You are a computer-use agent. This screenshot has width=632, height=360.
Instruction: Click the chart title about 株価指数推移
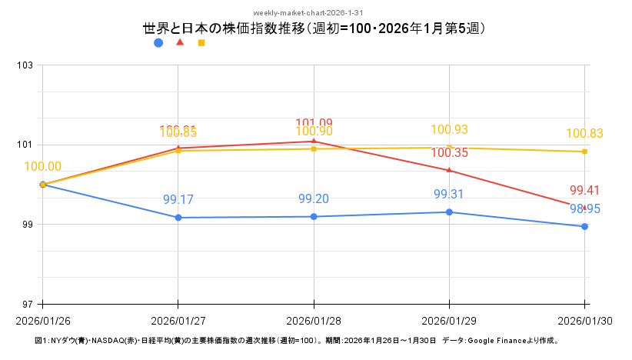pyautogui.click(x=315, y=28)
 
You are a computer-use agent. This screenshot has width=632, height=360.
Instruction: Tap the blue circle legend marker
pyautogui.click(x=158, y=43)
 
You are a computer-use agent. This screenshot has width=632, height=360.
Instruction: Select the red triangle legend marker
pyautogui.click(x=180, y=42)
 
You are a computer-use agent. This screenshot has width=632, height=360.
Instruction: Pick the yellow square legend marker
pyautogui.click(x=201, y=43)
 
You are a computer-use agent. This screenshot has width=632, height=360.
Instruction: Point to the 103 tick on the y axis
pyautogui.click(x=25, y=65)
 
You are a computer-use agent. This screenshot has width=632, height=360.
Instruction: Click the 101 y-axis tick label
pyautogui.click(x=25, y=145)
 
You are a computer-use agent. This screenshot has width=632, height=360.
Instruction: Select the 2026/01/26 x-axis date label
pyautogui.click(x=42, y=320)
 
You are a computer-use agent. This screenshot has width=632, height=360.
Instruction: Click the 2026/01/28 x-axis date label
pyautogui.click(x=314, y=320)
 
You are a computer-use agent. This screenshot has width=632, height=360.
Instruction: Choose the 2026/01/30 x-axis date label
pyautogui.click(x=584, y=320)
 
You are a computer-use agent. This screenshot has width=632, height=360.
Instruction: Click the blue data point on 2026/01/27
pyautogui.click(x=178, y=218)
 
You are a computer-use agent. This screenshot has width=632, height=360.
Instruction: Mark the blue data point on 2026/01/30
pyautogui.click(x=585, y=226)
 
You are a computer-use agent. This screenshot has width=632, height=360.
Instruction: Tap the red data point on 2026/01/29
pyautogui.click(x=450, y=170)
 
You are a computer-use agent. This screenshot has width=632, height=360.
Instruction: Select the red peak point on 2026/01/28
pyautogui.click(x=314, y=141)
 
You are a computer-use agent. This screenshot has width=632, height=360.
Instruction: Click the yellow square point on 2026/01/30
pyautogui.click(x=585, y=152)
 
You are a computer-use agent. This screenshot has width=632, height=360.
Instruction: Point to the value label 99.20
pyautogui.click(x=314, y=199)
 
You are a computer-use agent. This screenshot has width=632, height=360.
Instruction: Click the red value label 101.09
pyautogui.click(x=314, y=123)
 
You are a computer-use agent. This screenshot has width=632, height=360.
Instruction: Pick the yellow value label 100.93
pyautogui.click(x=450, y=130)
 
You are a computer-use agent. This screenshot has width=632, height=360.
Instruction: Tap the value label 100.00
pyautogui.click(x=43, y=166)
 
